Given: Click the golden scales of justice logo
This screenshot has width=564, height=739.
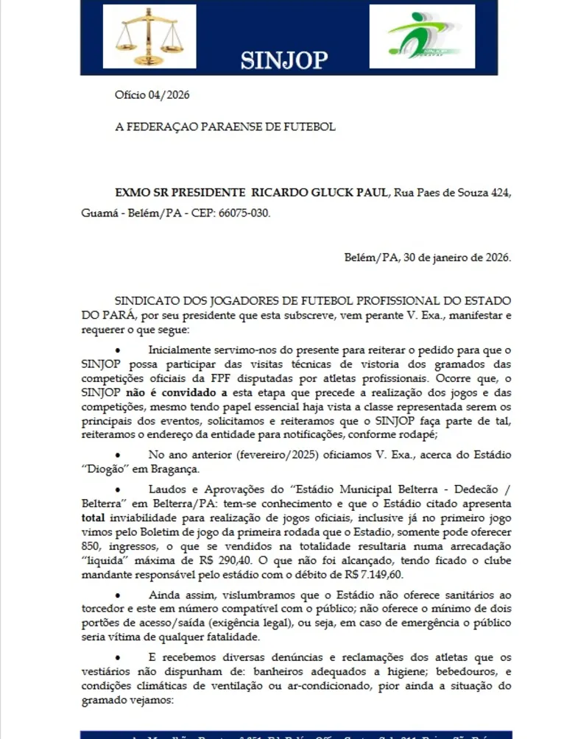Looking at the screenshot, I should pos(149,37).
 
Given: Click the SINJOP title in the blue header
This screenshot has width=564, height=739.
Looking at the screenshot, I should pos(283,60).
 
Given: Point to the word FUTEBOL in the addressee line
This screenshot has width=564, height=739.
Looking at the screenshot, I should pos(309,127).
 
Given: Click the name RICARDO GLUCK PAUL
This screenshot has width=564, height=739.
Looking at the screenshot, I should pos(320,193).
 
